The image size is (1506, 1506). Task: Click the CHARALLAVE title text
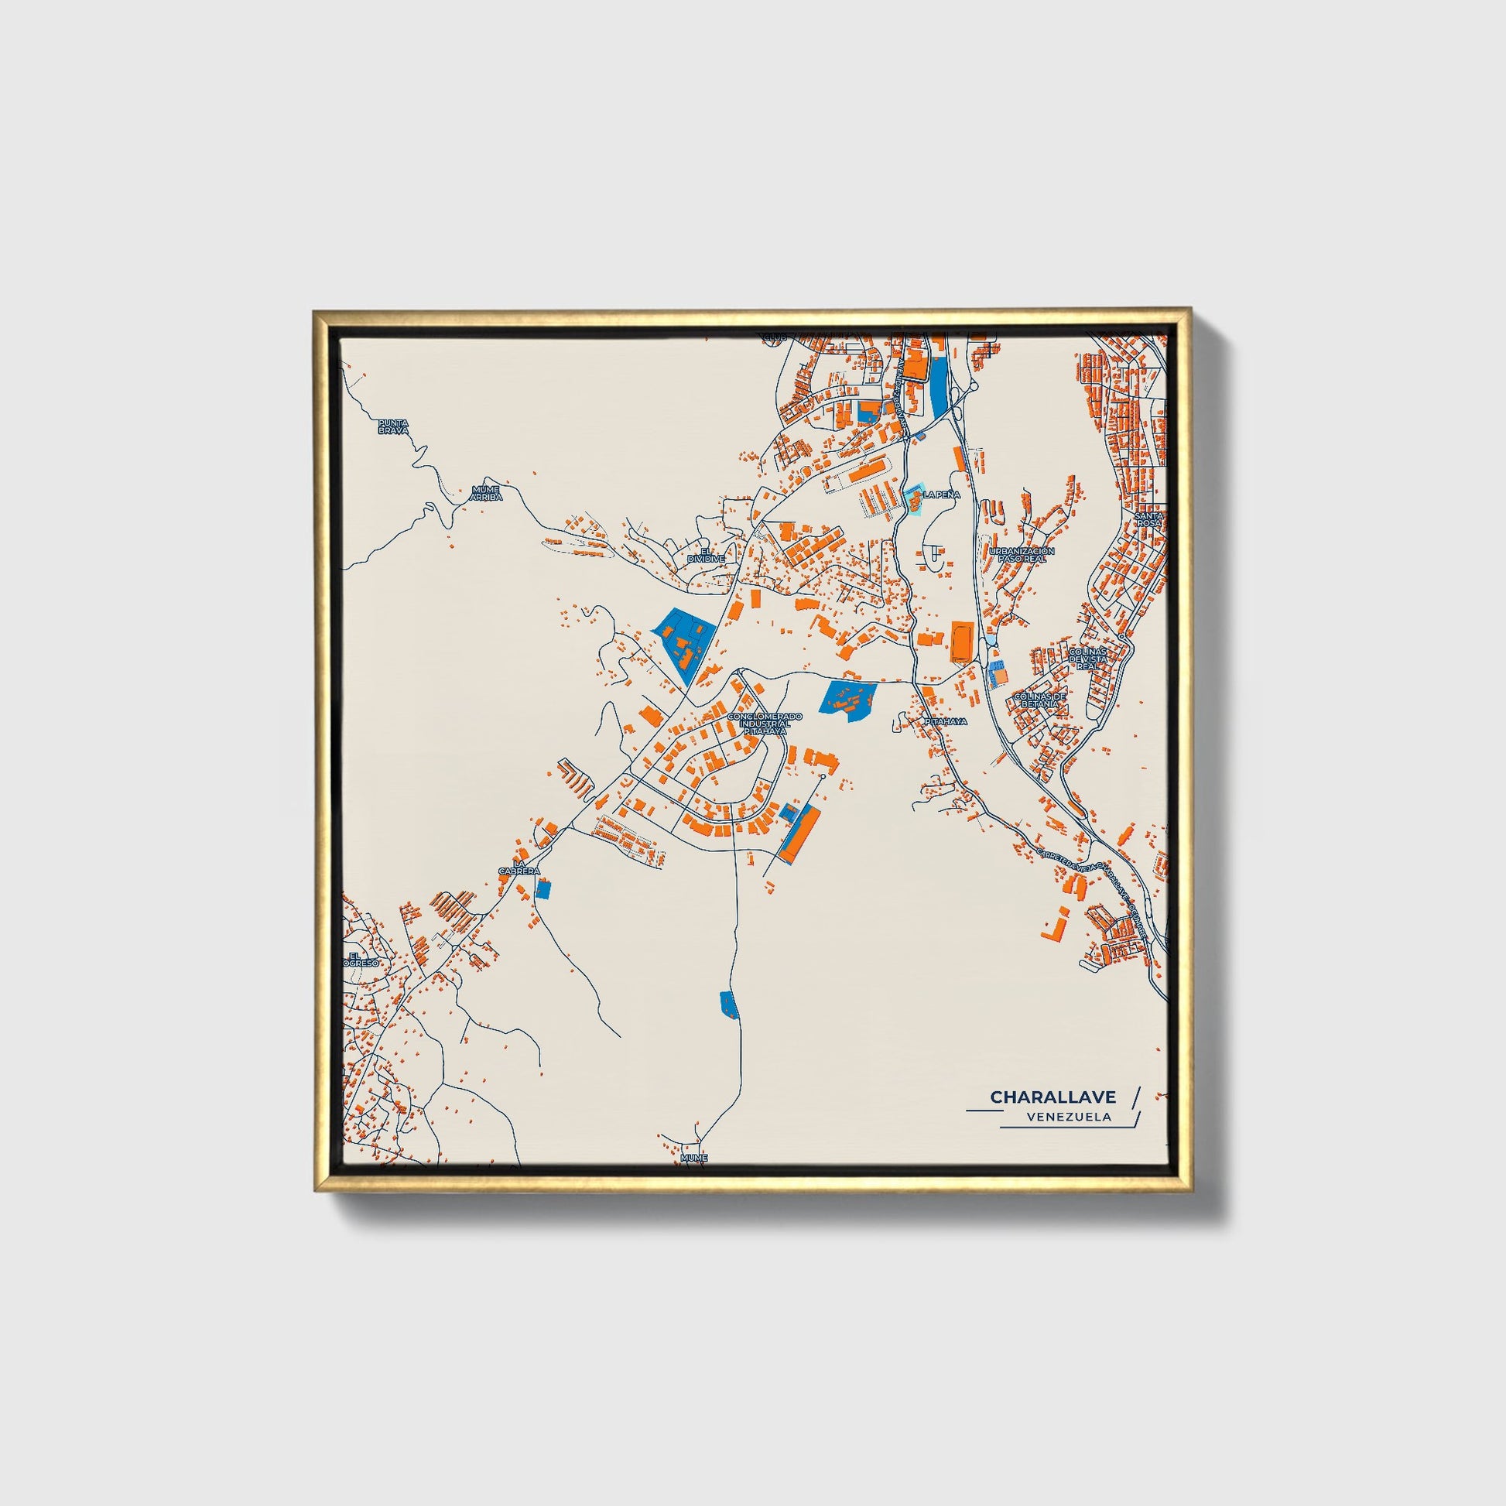[1052, 1097]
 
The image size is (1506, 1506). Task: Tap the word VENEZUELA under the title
[1070, 1117]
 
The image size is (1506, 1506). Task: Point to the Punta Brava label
[394, 426]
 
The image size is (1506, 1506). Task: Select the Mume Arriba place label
[487, 493]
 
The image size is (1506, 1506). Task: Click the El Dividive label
[707, 555]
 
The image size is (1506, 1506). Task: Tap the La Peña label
[942, 495]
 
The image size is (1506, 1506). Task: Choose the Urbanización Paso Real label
[1021, 555]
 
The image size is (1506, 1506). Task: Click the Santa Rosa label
[1149, 519]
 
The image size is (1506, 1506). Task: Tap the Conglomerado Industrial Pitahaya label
[764, 724]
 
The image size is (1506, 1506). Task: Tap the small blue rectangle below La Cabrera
[543, 888]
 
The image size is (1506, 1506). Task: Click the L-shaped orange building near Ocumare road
[1055, 926]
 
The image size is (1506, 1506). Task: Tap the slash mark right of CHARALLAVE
[1135, 1097]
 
